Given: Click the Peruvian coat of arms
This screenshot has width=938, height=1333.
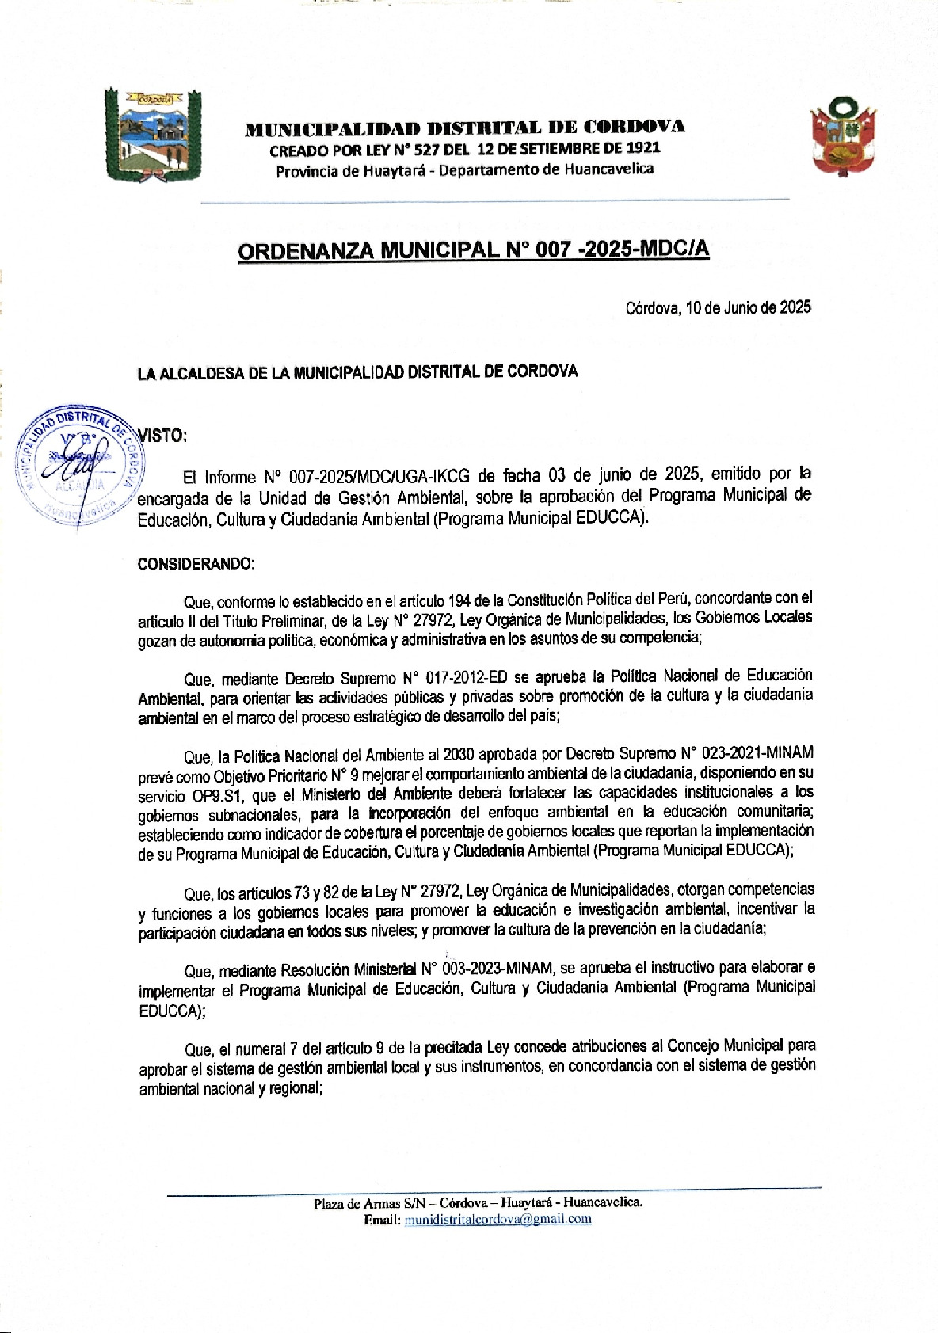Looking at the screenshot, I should (843, 136).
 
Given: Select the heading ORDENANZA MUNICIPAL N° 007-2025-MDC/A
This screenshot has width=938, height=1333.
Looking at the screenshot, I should (473, 250).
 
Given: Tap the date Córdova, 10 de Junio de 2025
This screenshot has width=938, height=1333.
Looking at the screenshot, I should (718, 307).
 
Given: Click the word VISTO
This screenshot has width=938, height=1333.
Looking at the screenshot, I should (162, 435).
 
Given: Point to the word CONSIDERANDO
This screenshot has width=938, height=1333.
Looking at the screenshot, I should (196, 564).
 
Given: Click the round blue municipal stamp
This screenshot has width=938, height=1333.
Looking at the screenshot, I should (79, 467).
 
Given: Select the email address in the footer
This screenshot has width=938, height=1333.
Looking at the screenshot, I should (498, 1219).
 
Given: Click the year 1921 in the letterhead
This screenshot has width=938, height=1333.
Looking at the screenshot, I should (642, 148).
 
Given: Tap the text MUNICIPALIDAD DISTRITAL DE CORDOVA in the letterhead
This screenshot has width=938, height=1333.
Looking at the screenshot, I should (465, 128).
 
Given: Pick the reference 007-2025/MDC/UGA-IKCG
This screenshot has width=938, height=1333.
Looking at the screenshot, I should (379, 477).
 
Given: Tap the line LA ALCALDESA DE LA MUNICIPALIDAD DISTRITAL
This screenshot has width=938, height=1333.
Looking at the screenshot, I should (357, 372).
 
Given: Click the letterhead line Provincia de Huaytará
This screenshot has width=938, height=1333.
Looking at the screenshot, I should (464, 170).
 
